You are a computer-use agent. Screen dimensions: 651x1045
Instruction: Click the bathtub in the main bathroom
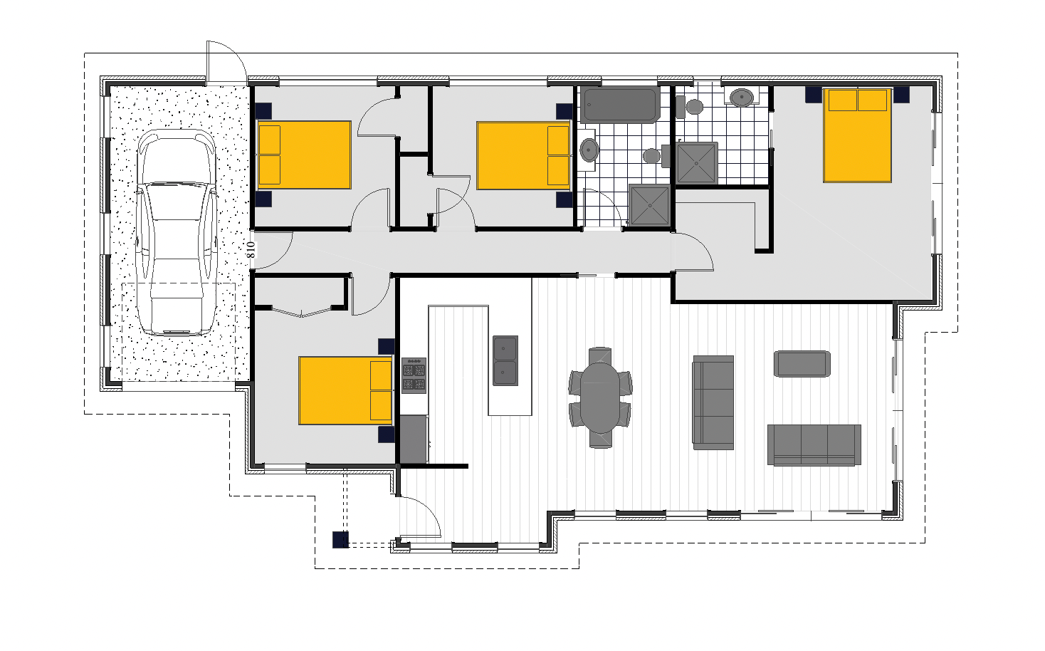pyautogui.click(x=620, y=105)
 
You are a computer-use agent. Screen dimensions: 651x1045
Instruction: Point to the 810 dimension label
pyautogui.click(x=251, y=249)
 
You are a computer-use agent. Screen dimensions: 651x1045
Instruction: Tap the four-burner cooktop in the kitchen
pyautogui.click(x=414, y=375)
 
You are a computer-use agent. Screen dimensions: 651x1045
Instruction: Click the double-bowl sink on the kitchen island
pyautogui.click(x=505, y=360)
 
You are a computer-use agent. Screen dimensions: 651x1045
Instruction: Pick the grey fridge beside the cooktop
pyautogui.click(x=413, y=439)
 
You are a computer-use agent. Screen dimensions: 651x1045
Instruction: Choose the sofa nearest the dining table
pyautogui.click(x=713, y=402)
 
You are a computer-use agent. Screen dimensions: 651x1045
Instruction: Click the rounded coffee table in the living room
pyautogui.click(x=802, y=363)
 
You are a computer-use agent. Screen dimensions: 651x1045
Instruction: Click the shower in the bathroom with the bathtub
pyautogui.click(x=649, y=206)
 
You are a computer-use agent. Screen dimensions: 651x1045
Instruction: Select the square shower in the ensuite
pyautogui.click(x=697, y=163)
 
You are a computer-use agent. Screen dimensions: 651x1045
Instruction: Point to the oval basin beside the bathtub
pyautogui.click(x=589, y=150)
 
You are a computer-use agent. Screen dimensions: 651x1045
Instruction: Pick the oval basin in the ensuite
pyautogui.click(x=742, y=96)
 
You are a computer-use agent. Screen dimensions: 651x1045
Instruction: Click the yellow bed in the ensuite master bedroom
pyautogui.click(x=858, y=135)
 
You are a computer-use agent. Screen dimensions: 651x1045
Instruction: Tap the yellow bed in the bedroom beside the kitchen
pyautogui.click(x=345, y=390)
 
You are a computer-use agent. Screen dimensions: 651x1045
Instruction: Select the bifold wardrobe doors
pyautogui.click(x=302, y=311)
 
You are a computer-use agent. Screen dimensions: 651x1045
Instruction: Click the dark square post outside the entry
pyautogui.click(x=340, y=540)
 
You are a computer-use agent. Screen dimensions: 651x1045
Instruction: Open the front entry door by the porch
pyautogui.click(x=421, y=516)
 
